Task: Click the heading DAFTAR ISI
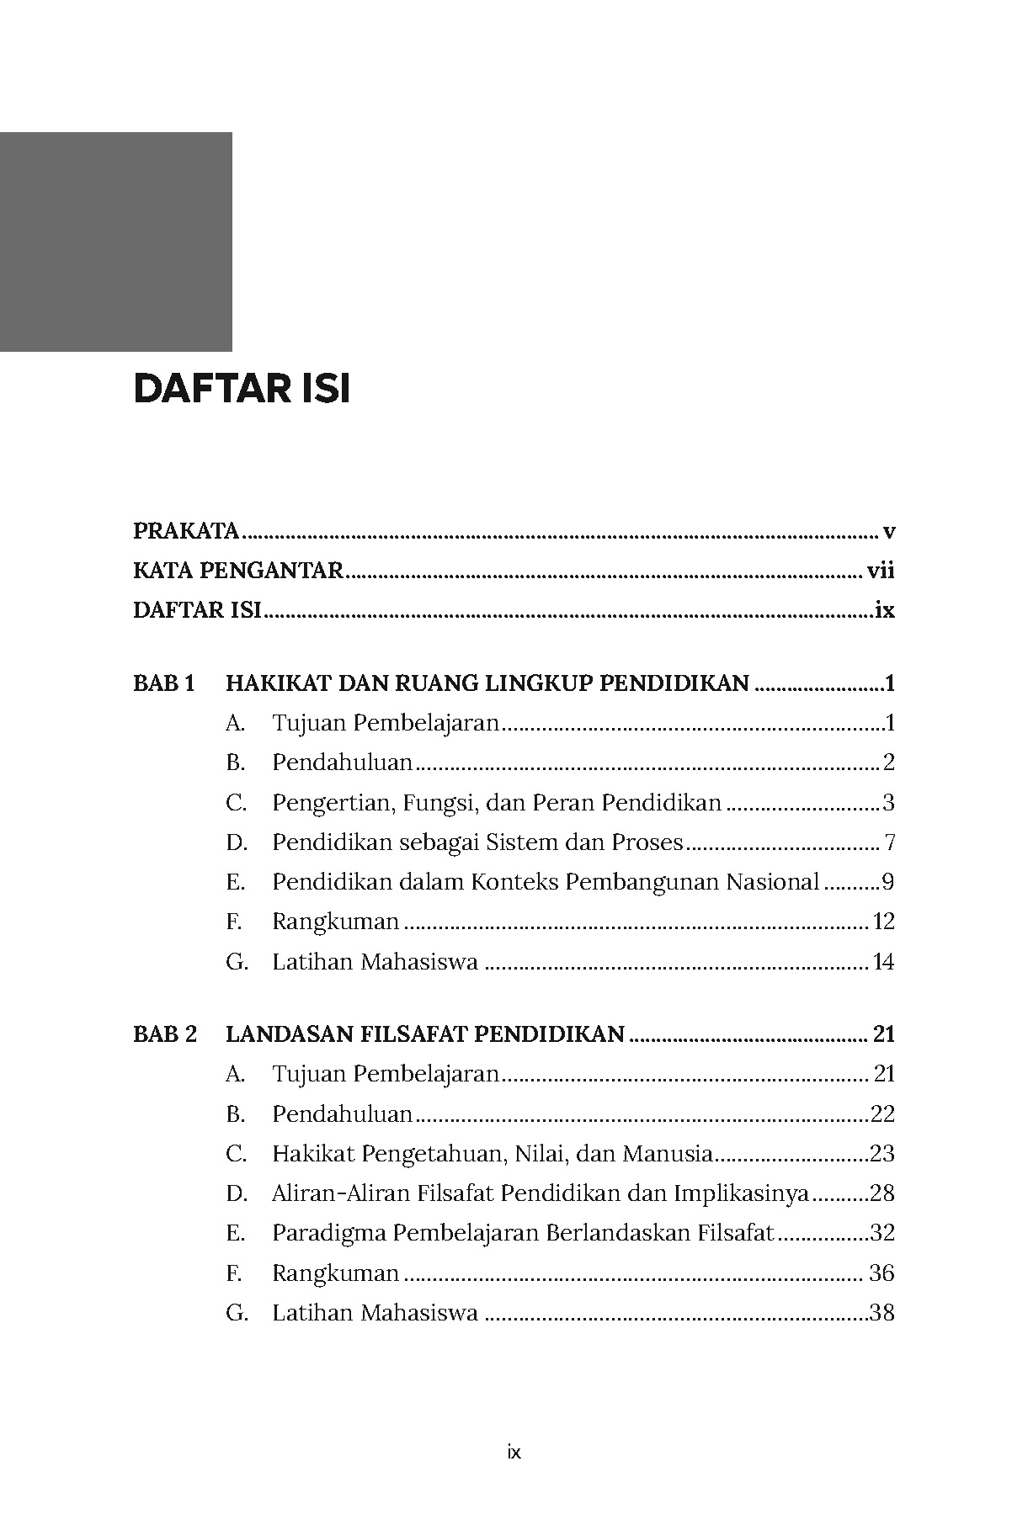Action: tap(242, 391)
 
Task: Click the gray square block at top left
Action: tap(115, 242)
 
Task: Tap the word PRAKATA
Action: tap(186, 532)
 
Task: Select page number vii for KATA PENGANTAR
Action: tap(880, 571)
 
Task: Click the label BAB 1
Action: tap(164, 683)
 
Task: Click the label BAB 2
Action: tap(165, 1034)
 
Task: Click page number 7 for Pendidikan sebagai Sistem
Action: tap(889, 842)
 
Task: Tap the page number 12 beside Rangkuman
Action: tap(883, 922)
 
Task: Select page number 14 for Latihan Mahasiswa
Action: tap(883, 962)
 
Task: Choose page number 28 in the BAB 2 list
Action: tap(882, 1193)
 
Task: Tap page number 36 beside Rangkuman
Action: tap(882, 1273)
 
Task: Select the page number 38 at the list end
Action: tap(882, 1313)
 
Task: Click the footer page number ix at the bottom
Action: tap(514, 1452)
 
